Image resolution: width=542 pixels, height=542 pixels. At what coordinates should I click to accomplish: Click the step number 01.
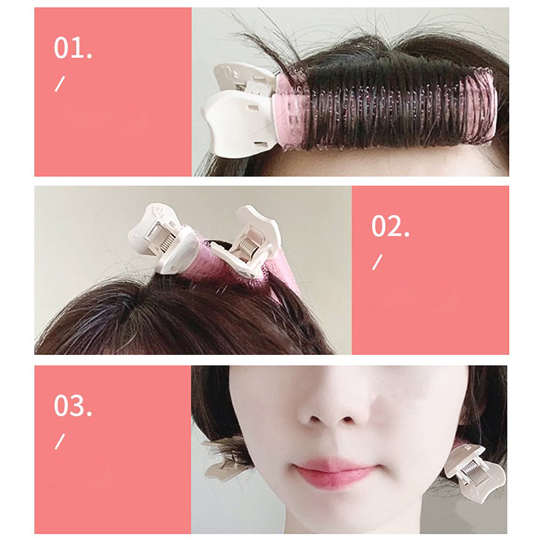point(73,48)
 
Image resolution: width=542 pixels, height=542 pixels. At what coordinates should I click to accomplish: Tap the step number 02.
point(390,226)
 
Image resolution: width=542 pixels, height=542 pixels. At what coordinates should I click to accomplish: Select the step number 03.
point(73,406)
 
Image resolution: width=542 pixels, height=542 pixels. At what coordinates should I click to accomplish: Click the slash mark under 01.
point(60,84)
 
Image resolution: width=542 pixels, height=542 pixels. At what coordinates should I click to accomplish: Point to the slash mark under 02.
point(377,262)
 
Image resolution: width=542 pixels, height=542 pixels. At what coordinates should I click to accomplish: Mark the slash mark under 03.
point(60,442)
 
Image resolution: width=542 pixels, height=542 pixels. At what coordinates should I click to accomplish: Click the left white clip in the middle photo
point(162,238)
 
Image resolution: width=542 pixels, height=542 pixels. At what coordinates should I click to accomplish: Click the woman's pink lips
point(335,471)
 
